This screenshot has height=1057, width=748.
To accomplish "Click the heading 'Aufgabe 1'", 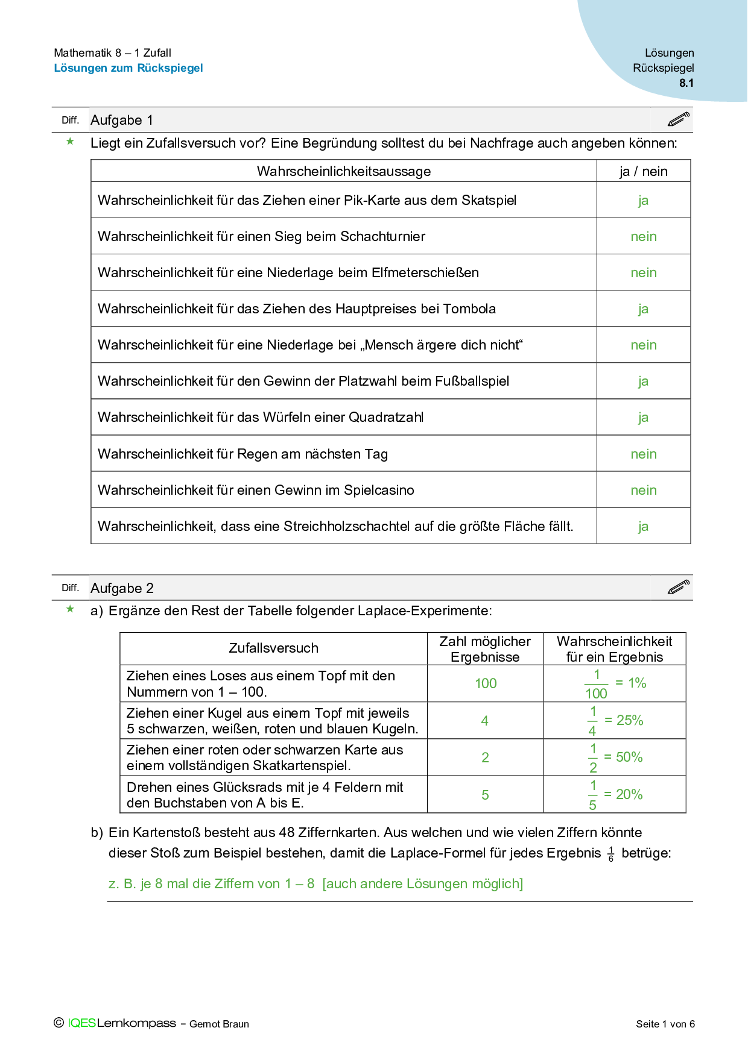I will tap(121, 120).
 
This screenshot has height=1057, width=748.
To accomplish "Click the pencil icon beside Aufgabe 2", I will tap(679, 587).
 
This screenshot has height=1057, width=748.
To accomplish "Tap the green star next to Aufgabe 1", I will tap(71, 142).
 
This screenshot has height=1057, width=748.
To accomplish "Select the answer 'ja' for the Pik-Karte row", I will tap(643, 200).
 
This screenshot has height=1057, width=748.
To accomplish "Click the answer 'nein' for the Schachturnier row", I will tap(644, 236).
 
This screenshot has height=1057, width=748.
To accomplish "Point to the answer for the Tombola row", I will tap(643, 309).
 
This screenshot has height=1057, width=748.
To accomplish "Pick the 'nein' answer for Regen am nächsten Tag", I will tap(644, 454).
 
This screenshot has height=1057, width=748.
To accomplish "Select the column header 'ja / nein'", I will tap(644, 171).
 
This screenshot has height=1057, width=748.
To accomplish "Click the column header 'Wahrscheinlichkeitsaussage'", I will tap(344, 171).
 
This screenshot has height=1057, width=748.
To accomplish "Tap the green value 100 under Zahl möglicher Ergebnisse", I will tap(486, 683).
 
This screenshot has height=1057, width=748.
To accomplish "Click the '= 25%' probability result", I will tap(624, 720).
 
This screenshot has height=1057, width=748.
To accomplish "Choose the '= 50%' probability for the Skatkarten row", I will tap(624, 757).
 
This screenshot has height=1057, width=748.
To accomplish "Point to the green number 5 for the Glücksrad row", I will tap(485, 795).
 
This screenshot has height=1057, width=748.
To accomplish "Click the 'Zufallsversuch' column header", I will tap(273, 648).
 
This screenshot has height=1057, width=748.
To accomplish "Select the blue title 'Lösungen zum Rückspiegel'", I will tap(128, 68).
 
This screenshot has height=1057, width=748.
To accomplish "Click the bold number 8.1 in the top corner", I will tap(686, 83).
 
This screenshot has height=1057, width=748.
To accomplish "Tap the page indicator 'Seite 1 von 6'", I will tap(665, 1024).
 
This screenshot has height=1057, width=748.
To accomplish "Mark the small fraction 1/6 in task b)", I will tap(611, 854).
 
